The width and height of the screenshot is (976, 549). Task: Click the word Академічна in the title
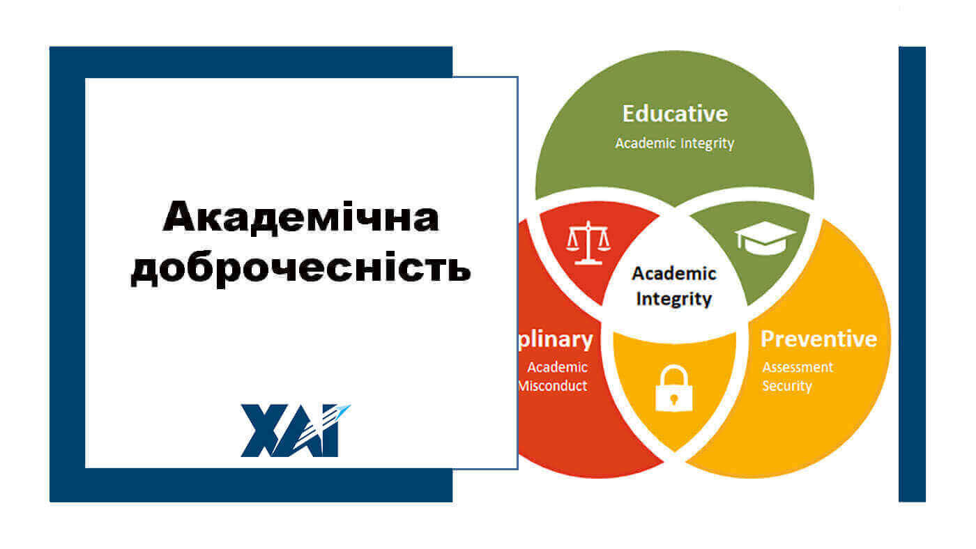pos(300,217)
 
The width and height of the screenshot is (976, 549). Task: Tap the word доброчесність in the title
pos(300,270)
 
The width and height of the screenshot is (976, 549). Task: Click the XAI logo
pos(296,431)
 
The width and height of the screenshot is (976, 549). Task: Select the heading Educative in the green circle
pos(674,114)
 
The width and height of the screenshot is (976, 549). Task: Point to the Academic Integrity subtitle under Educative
pos(674,144)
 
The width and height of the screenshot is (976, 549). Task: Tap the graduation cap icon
pos(765,238)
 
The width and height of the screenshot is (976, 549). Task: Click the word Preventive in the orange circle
pos(818,339)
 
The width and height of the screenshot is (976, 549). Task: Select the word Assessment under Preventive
pos(798,367)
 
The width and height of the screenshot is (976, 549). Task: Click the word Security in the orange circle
pos(787,385)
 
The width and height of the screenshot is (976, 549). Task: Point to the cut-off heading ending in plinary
pos(556,339)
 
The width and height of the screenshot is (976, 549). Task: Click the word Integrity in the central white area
pos(674,299)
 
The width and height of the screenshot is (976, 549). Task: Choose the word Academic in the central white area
pos(674,274)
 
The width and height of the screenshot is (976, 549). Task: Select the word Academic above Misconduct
pos(557,367)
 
